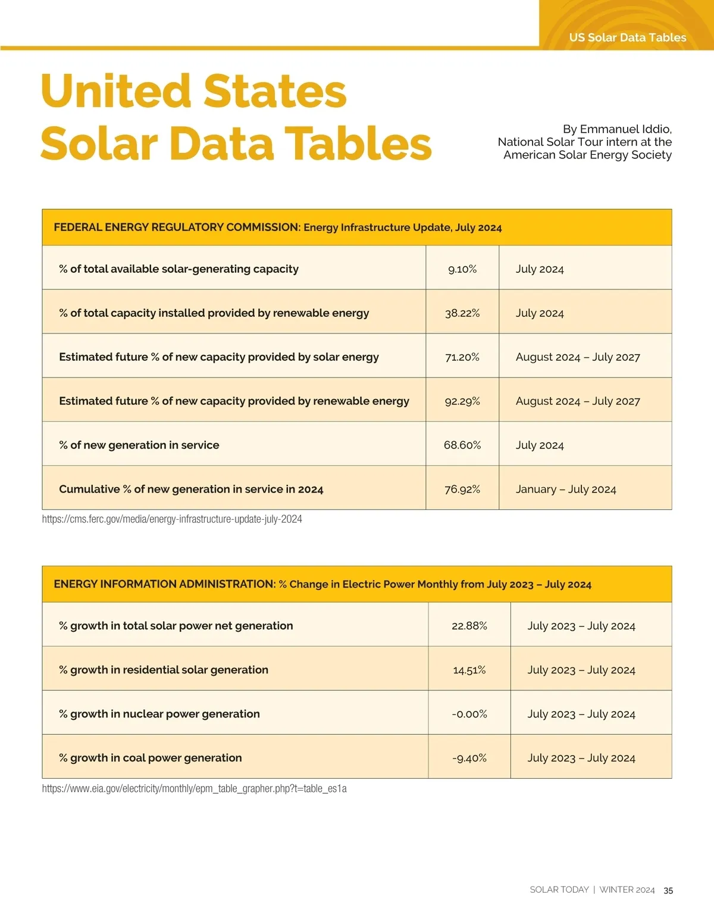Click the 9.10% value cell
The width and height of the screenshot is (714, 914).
coord(462,269)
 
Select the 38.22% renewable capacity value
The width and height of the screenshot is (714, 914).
coord(462,313)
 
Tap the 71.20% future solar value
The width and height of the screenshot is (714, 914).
coord(462,357)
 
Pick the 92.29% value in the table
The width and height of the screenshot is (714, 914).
coord(462,401)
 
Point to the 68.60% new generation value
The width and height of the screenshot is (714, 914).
coord(462,445)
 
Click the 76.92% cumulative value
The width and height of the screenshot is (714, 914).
coord(462,489)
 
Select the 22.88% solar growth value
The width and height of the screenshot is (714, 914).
coord(469,626)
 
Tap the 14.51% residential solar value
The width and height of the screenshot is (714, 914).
coord(469,670)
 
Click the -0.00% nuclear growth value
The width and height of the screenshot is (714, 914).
coord(469,714)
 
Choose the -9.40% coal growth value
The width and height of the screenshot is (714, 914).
coord(469,758)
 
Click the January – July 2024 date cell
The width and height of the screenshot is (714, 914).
coord(566,489)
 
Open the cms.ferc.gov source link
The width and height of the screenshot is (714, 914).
coord(172,519)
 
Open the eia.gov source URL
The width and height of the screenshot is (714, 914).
coord(194,789)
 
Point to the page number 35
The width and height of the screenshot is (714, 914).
coord(668,891)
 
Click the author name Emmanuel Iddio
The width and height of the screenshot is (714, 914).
coord(625,129)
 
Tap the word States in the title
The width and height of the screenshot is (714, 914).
coord(275,91)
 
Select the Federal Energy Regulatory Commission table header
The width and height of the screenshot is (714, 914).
coord(278,227)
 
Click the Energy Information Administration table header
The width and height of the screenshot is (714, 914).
coord(322,584)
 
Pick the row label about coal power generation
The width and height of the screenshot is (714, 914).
coord(151,758)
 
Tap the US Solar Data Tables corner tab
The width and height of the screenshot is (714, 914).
coord(628,38)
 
